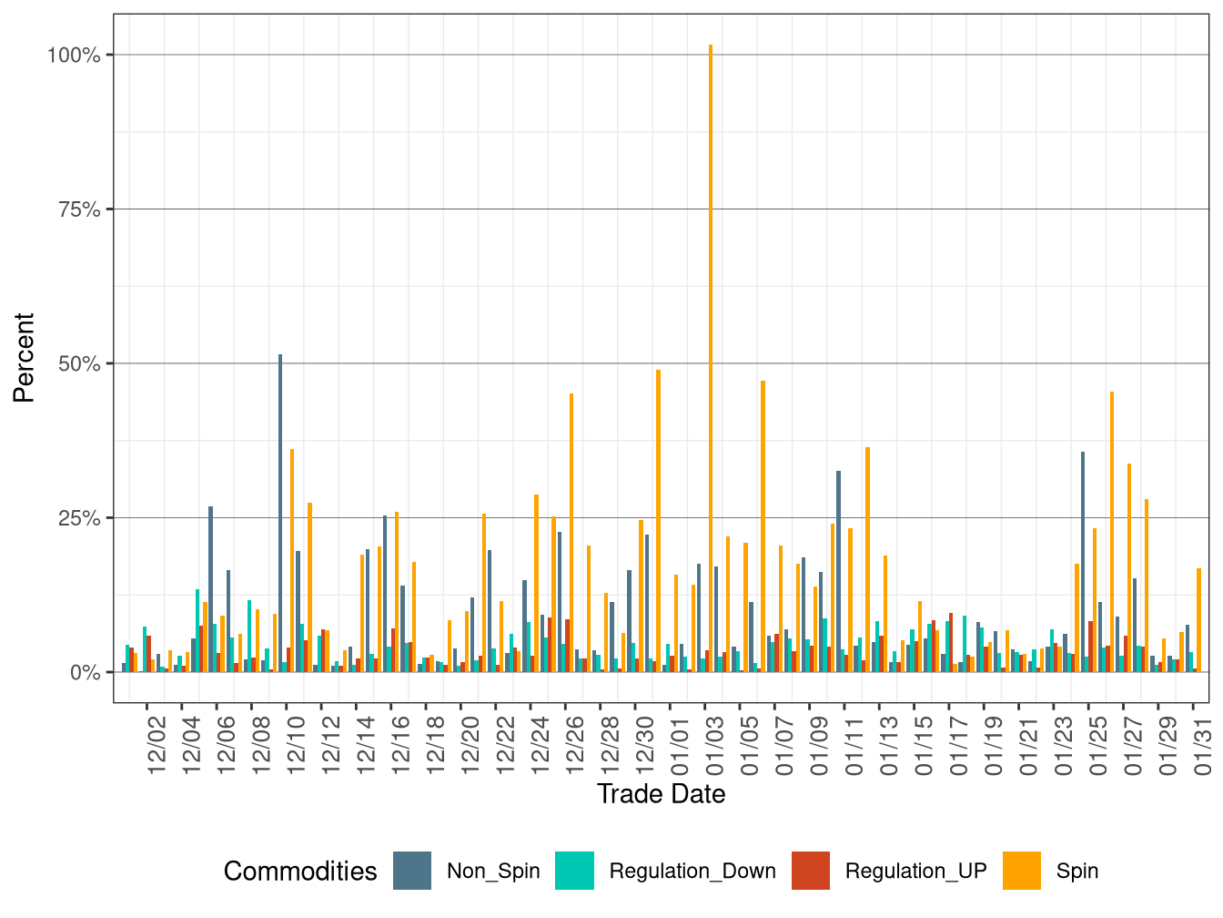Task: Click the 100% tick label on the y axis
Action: click(x=74, y=55)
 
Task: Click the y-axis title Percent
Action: click(x=24, y=358)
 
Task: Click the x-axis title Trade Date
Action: click(x=661, y=794)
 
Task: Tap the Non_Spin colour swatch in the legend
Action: click(x=412, y=871)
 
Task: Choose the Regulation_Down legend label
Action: click(x=692, y=872)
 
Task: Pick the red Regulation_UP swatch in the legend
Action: click(x=811, y=871)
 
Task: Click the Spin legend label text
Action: click(x=1077, y=872)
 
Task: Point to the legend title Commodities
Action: click(x=300, y=872)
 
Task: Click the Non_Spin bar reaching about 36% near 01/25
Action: click(x=1083, y=562)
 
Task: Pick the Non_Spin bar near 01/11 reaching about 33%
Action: click(x=839, y=571)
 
